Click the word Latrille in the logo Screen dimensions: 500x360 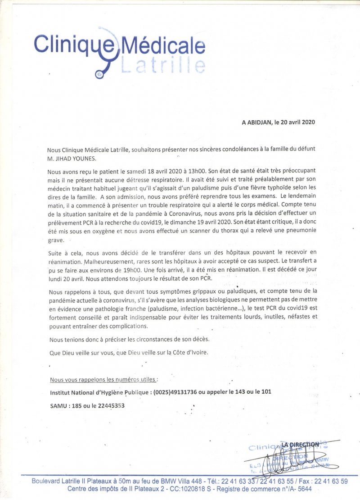pyautogui.click(x=163, y=65)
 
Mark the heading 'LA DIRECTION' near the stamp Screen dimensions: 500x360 pyautogui.click(x=301, y=445)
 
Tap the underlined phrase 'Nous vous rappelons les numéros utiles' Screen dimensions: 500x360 pyautogui.click(x=104, y=379)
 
